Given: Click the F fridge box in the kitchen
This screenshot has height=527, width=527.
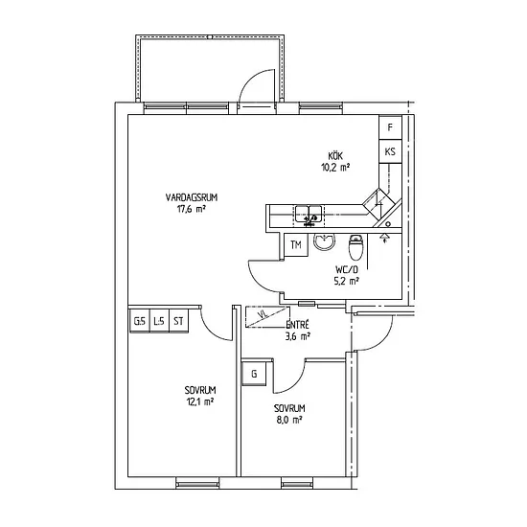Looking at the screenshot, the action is (x=390, y=127).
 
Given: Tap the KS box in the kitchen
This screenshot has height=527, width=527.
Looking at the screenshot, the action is (x=390, y=151).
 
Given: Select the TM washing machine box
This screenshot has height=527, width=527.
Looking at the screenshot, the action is (x=296, y=245).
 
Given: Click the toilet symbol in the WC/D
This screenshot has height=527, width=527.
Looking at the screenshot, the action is (x=355, y=247).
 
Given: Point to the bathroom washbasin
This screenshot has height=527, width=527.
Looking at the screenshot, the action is (x=324, y=241).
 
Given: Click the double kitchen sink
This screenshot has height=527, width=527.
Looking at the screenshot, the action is (x=309, y=216).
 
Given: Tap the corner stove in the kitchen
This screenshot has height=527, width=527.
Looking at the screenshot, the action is (x=378, y=203).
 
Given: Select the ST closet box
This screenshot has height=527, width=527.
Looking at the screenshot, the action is (x=178, y=321).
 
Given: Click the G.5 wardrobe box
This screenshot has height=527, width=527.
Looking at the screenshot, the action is (x=140, y=321).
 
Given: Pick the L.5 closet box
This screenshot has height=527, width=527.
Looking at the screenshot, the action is (x=159, y=321).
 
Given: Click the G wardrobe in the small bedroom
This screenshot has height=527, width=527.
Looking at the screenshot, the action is (x=254, y=374).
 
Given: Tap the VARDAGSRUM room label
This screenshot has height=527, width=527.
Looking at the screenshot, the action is (x=192, y=197).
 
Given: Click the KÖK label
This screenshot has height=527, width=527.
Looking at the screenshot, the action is (x=335, y=156).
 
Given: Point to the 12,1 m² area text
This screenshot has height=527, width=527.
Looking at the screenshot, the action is (x=200, y=401).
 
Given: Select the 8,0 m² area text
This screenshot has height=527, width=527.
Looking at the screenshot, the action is (x=289, y=420).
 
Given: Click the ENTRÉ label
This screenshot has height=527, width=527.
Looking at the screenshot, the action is (x=297, y=325).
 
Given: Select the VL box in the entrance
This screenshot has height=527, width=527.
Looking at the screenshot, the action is (x=267, y=316).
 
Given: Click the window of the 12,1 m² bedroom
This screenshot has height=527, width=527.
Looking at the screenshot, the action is (x=197, y=484).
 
